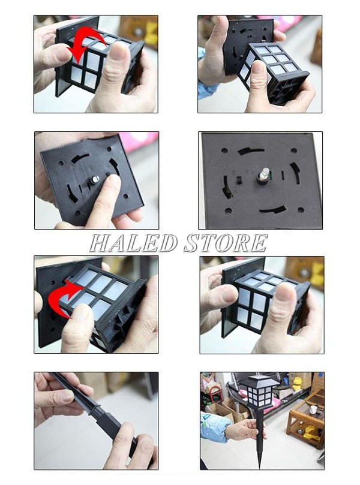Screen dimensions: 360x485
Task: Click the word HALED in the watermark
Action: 133,243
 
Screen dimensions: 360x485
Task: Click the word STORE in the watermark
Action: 226,243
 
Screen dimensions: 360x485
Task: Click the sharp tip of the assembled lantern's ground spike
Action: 259,466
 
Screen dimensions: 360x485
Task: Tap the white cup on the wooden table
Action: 313,409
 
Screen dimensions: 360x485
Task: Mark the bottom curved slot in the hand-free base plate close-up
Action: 272,210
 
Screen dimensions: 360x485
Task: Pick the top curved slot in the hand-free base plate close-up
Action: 250,151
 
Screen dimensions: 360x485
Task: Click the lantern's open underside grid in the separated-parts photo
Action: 289,89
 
